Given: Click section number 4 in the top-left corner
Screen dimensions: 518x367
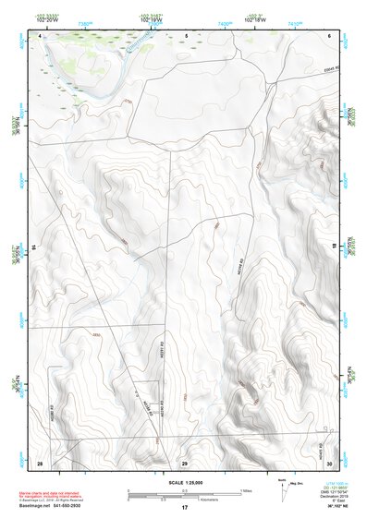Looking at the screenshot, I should click(x=40, y=35).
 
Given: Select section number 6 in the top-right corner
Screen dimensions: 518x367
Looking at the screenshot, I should click(x=329, y=35).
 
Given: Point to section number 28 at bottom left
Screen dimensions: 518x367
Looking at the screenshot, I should click(x=40, y=462).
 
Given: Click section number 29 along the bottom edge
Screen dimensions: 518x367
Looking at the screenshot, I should click(x=184, y=462).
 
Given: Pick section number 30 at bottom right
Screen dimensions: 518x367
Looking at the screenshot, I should click(x=329, y=462).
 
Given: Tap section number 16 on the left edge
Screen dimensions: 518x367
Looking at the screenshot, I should click(x=34, y=248).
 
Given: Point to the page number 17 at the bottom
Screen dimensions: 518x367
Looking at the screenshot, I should click(x=184, y=508).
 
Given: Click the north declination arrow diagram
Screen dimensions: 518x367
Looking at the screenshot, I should click(x=283, y=487).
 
